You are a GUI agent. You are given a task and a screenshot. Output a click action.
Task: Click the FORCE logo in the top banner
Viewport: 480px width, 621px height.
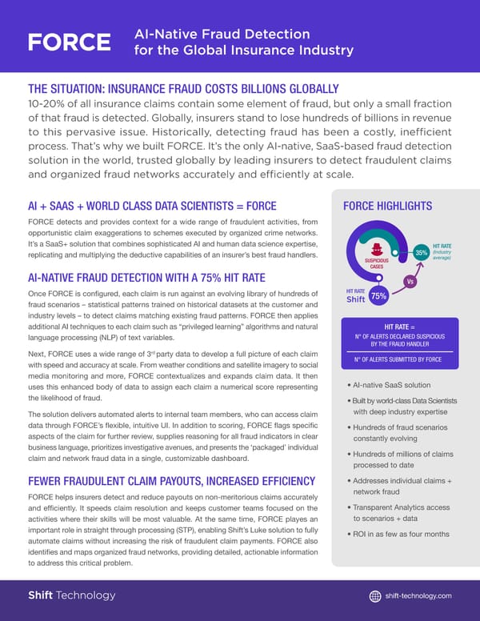coord(69,42)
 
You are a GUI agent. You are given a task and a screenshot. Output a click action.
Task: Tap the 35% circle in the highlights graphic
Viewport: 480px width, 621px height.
coord(422,253)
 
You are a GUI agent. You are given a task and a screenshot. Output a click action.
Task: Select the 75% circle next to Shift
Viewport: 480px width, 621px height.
coord(379,296)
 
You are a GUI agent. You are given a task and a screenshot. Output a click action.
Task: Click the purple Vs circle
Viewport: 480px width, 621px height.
coord(410,281)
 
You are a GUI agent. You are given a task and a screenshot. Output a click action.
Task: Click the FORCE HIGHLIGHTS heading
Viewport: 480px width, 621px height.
coord(387,206)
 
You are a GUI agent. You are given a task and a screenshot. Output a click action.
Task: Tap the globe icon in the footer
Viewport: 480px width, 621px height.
coord(375,595)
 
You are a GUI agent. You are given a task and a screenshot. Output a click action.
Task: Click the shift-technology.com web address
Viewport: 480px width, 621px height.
coord(418,595)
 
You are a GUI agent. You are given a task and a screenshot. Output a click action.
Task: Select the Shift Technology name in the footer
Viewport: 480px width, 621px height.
coord(72,595)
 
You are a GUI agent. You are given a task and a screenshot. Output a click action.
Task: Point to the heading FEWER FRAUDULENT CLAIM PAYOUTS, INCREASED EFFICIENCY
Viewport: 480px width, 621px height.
coord(171,481)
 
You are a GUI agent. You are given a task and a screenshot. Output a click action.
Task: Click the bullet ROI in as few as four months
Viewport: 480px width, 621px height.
coord(401,534)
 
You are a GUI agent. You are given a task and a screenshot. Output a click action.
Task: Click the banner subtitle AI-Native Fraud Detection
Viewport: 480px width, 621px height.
coord(222,34)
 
